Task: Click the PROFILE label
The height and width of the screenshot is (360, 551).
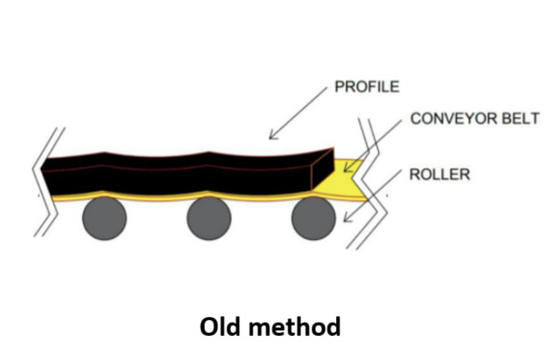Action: point(366,87)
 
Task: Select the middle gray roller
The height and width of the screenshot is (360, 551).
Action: point(208,220)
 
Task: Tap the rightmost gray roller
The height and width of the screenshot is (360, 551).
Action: point(314,220)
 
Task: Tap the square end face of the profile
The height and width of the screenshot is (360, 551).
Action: point(322,170)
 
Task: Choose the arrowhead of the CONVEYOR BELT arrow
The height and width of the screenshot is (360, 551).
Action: point(346,168)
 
